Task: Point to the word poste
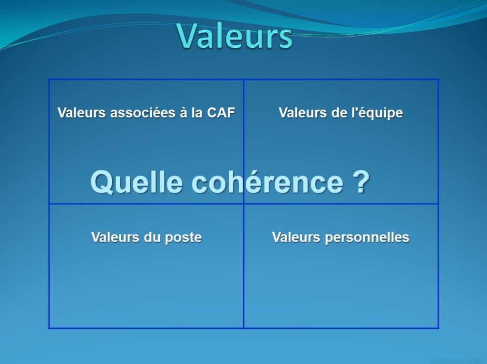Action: point(183,237)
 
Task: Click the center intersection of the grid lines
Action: point(243,204)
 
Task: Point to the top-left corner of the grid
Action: point(49,79)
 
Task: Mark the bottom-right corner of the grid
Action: point(438,328)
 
